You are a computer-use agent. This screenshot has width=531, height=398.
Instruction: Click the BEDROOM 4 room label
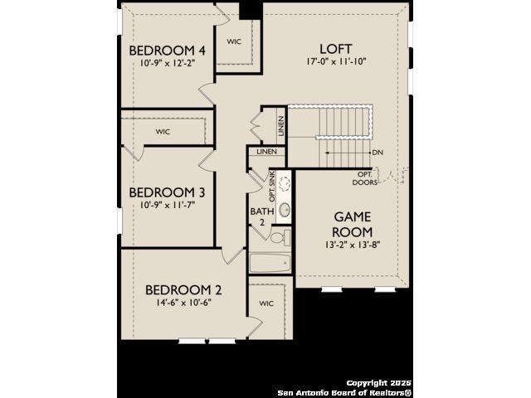pyautogui.click(x=167, y=51)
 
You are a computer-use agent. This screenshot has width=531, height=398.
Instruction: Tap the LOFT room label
pyautogui.click(x=336, y=49)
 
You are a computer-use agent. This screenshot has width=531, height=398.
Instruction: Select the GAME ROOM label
pyautogui.click(x=353, y=225)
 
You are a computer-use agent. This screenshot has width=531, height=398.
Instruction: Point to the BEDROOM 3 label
pyautogui.click(x=167, y=192)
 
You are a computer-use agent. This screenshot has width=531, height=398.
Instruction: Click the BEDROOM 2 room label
pyautogui.click(x=183, y=290)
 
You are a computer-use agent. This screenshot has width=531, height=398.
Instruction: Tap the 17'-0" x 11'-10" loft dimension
pyautogui.click(x=336, y=61)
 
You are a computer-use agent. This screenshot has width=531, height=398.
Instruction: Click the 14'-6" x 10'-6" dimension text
pyautogui.click(x=183, y=302)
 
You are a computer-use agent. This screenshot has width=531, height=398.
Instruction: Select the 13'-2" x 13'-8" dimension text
pyautogui.click(x=353, y=245)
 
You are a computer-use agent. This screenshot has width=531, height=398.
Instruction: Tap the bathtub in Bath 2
pyautogui.click(x=270, y=263)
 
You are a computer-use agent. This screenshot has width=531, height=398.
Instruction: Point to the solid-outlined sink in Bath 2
pyautogui.click(x=285, y=210)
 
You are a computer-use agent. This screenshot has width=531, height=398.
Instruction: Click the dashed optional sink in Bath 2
pyautogui.click(x=285, y=183)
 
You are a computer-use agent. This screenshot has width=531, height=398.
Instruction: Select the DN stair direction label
pyautogui.click(x=378, y=153)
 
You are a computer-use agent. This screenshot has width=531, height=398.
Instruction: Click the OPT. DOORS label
pyautogui.click(x=365, y=178)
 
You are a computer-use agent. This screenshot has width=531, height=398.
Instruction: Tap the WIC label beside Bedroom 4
pyautogui.click(x=234, y=41)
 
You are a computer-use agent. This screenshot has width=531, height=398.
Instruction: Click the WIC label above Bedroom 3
pyautogui.click(x=163, y=132)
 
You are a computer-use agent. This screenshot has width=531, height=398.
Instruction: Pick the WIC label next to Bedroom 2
pyautogui.click(x=266, y=303)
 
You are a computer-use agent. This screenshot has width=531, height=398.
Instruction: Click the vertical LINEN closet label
pyautogui.click(x=280, y=126)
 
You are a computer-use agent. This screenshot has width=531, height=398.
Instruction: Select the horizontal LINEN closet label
pyautogui.click(x=267, y=152)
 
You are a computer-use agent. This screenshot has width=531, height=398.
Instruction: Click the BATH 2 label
pyautogui.click(x=262, y=216)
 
